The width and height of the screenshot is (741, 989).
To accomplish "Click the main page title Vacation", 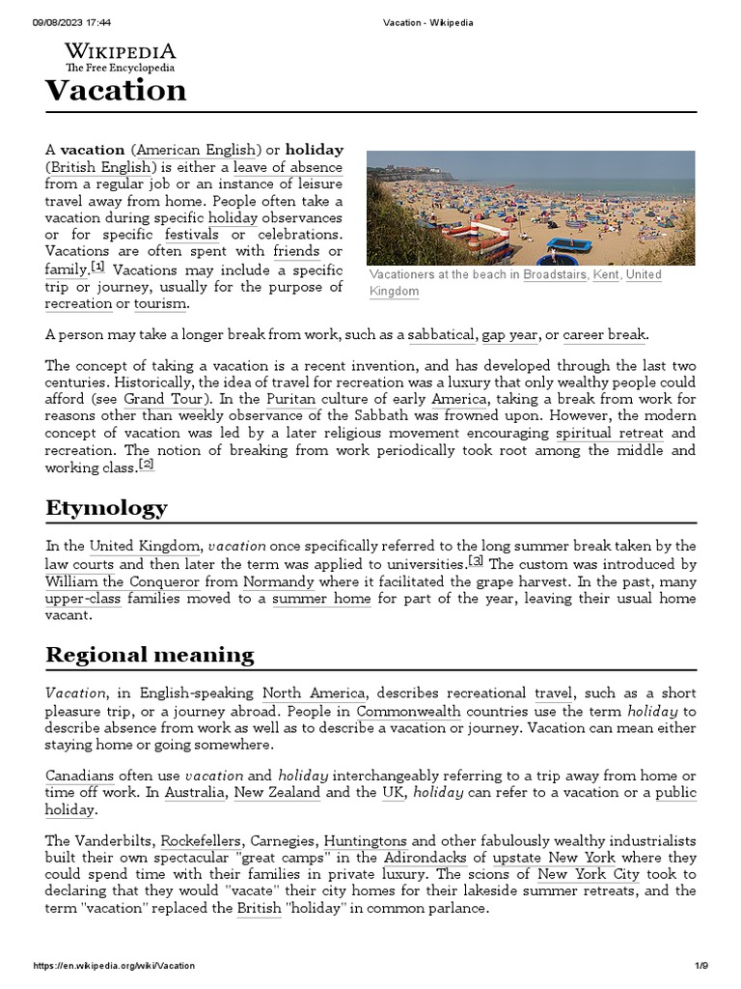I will [116, 91].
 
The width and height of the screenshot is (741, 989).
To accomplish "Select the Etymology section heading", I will [106, 508].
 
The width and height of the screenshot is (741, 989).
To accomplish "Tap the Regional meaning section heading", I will [150, 655].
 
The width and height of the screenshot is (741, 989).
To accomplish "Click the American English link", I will [197, 150].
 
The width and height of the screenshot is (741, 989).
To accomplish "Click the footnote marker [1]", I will [98, 268].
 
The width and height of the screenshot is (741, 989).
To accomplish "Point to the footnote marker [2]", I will [147, 465].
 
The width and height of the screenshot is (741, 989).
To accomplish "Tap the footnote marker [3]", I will [476, 561].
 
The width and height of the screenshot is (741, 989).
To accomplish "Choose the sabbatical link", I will [441, 335].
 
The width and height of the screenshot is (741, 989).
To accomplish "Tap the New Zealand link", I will [277, 792].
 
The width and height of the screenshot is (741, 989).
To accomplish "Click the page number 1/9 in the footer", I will [701, 966].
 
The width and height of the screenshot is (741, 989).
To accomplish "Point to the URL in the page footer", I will [114, 966].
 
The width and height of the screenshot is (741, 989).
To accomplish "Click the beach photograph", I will [531, 208].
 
